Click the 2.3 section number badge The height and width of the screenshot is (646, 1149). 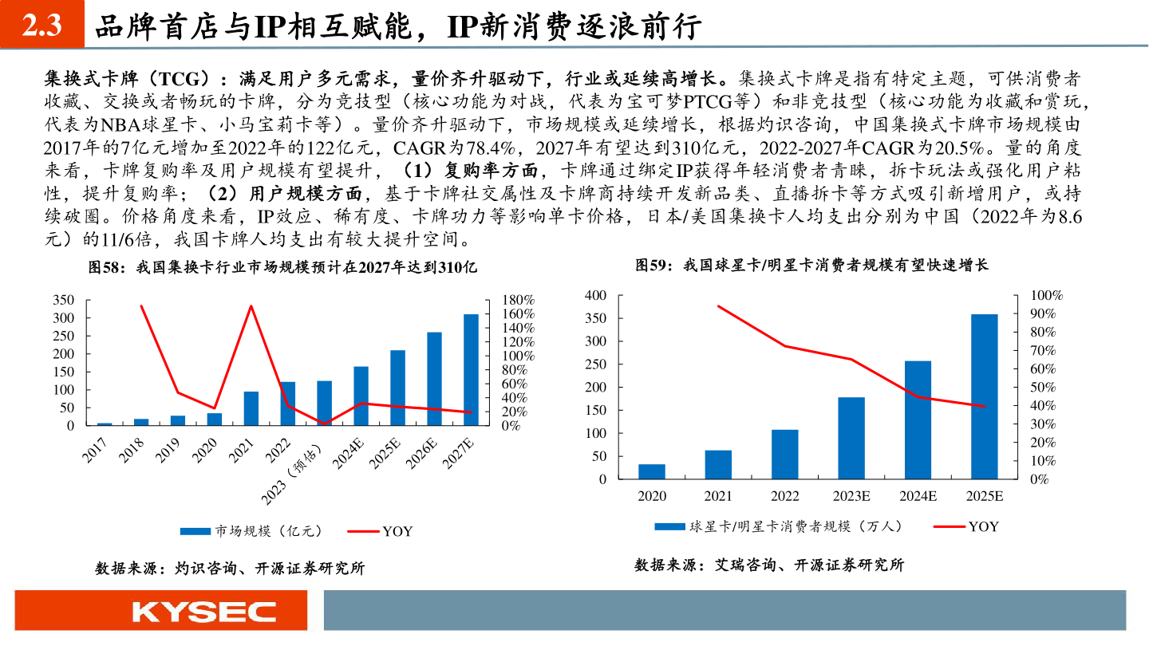coord(41,26)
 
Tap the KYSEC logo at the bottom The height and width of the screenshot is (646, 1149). coord(203,612)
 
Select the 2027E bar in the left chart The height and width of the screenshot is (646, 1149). coord(472,369)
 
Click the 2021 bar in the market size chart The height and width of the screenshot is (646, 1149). coord(251,408)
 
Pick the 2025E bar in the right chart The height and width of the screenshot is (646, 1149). coord(985,396)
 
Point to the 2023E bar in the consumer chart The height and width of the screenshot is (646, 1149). coord(851,438)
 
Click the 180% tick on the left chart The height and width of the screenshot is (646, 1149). coord(517,300)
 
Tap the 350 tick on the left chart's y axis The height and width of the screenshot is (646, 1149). coord(63,300)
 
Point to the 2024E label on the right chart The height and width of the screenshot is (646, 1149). coord(918,496)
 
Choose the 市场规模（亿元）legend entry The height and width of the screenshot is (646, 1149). coord(251,530)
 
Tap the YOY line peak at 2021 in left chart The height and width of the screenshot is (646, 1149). coord(251,305)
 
